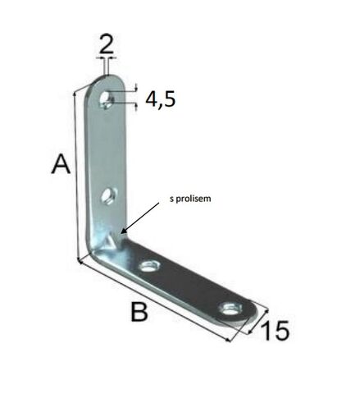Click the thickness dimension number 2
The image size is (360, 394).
coord(107,44)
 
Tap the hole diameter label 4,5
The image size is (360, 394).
coord(160,99)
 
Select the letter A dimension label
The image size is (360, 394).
coord(61,164)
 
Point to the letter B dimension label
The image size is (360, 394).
coord(139,311)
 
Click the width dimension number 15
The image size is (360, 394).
coord(275,331)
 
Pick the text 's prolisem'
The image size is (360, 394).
coord(190,199)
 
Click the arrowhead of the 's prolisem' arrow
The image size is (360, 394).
coord(123,231)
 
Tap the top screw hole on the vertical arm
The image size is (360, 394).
coord(107,100)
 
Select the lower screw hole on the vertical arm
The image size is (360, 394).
coord(109,196)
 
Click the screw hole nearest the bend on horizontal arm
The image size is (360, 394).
coord(149,266)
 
